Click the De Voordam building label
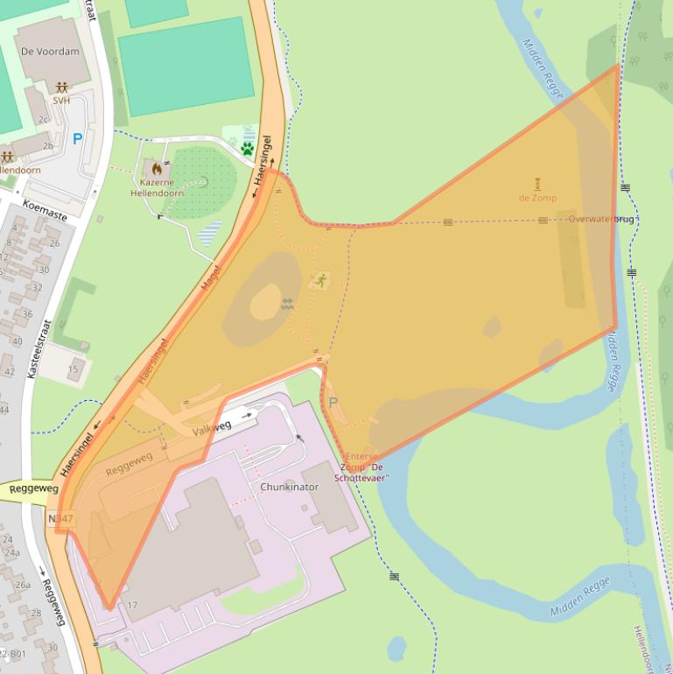click(x=49, y=52)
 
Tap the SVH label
click(x=60, y=101)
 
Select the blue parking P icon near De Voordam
click(x=77, y=138)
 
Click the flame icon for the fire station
click(x=157, y=168)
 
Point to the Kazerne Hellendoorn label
click(x=157, y=187)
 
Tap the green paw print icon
click(x=248, y=148)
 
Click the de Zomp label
click(x=537, y=198)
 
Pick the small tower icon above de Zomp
click(x=537, y=183)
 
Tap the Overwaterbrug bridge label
click(x=600, y=219)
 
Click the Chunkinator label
click(x=290, y=487)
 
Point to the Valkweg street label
click(x=213, y=426)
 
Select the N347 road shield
click(x=60, y=519)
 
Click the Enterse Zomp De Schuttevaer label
click(x=362, y=467)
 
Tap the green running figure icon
click(x=320, y=281)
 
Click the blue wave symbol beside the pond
click(x=287, y=304)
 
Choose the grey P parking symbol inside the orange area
click(x=333, y=403)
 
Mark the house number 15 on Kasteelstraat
click(x=73, y=369)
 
